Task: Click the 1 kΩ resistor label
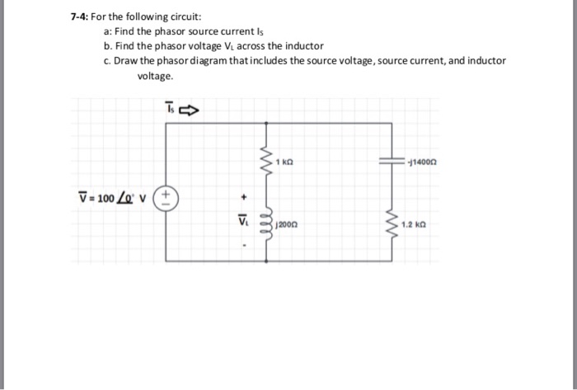tap(284, 162)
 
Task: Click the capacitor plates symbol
tap(389, 162)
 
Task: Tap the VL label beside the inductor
tap(242, 220)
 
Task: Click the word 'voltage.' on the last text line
tap(155, 75)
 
